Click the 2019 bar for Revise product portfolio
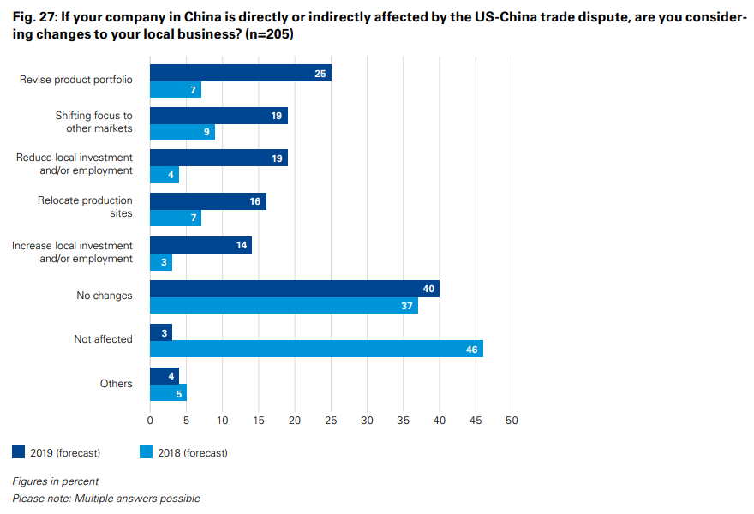240,74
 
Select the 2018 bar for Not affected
316,349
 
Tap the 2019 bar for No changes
294,289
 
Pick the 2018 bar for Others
168,393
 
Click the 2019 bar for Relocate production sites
207,201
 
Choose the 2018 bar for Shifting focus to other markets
182,133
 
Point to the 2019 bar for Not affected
161,332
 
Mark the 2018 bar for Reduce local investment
165,176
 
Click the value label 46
472,349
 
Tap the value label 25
320,74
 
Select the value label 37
407,306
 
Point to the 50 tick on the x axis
512,421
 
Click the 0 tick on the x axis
150,421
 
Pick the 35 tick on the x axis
403,421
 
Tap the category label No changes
105,296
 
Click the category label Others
117,384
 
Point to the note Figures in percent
55,481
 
